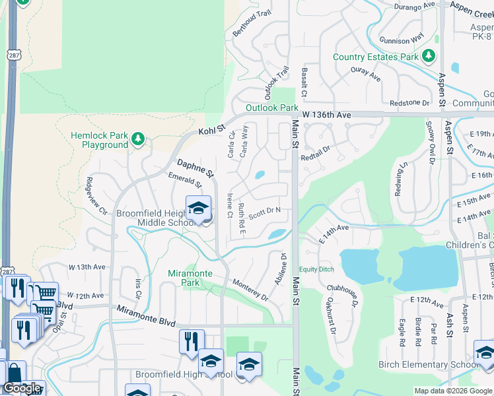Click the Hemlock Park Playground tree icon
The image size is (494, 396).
click(x=137, y=139)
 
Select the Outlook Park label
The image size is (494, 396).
click(x=272, y=108)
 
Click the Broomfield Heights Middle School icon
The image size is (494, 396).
click(x=198, y=209)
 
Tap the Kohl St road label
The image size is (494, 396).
click(x=212, y=129)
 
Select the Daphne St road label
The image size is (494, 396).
click(x=195, y=168)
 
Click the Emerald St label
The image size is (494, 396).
click(x=184, y=179)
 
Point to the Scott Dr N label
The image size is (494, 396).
click(x=265, y=212)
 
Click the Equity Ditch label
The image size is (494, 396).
click(x=317, y=269)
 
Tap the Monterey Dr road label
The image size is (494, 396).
click(x=250, y=290)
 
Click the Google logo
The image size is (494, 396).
click(x=22, y=389)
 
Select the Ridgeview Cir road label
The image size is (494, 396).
click(x=96, y=196)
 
